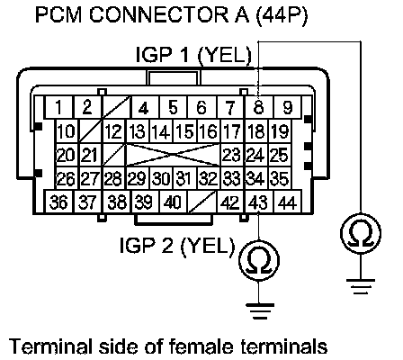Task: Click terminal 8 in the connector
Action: coord(259,107)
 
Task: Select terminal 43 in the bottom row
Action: coord(259,202)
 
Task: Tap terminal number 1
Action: coord(58,107)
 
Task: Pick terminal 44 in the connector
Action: coord(287,202)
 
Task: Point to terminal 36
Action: coord(58,202)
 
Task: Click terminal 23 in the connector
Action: coord(233,155)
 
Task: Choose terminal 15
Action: coord(185,131)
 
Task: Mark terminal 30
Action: coord(162,178)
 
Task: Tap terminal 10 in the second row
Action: coord(67,131)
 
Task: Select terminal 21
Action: coord(91,155)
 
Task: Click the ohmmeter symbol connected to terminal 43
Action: coord(259,260)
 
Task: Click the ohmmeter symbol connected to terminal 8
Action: coord(361,232)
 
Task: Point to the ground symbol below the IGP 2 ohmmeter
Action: coord(260,310)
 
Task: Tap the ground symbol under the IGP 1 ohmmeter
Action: coord(361,286)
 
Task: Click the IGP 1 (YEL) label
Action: coord(193,56)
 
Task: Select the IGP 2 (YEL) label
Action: coord(177,246)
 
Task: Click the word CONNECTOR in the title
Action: coord(158,14)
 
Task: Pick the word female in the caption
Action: coord(201,346)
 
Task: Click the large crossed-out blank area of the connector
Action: coord(174,155)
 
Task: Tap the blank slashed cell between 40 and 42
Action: coord(202,202)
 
